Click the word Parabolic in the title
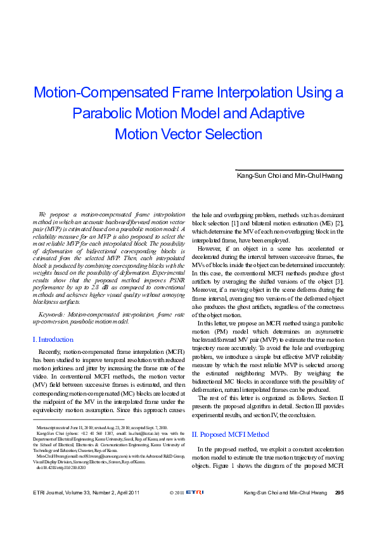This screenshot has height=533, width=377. point(137,114)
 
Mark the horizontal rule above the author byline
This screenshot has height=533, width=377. point(289,170)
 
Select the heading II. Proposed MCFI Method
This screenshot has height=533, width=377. point(230,434)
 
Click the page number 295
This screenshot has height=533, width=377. point(339,510)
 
